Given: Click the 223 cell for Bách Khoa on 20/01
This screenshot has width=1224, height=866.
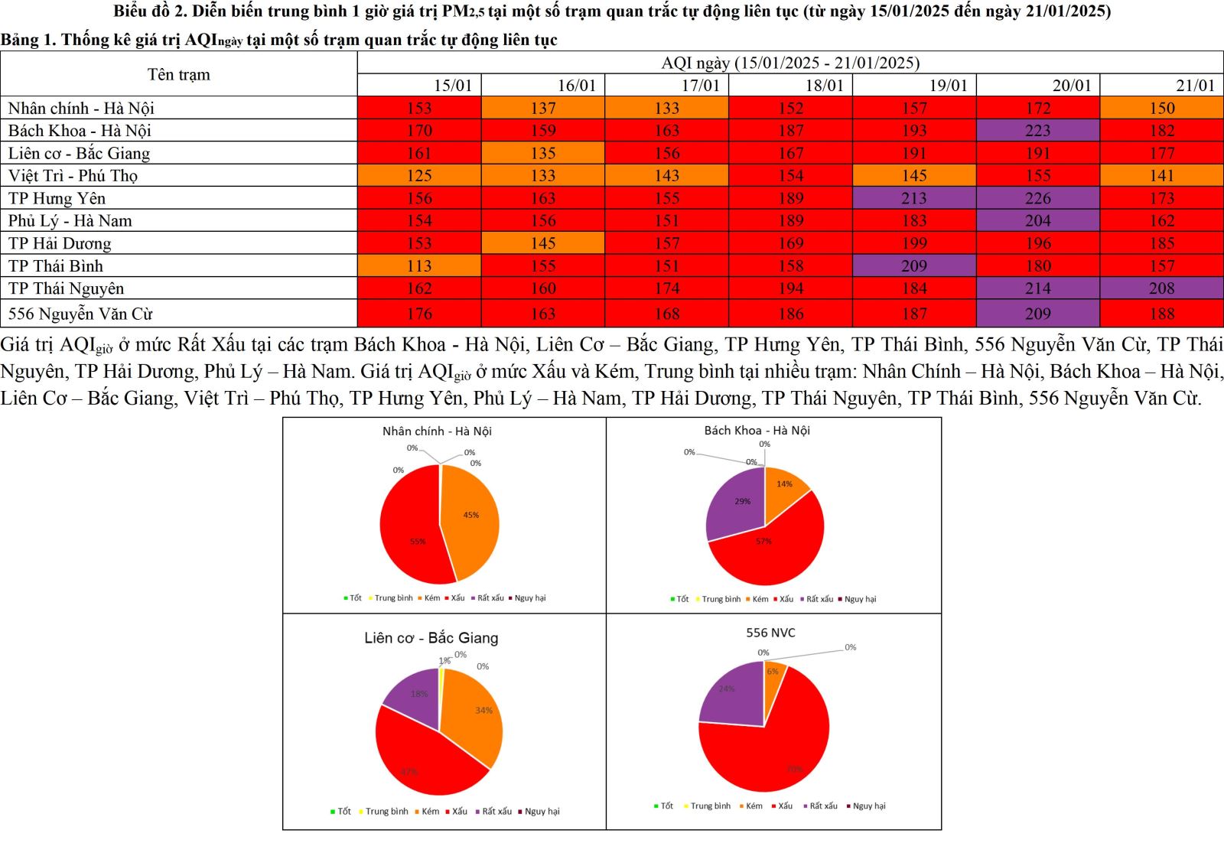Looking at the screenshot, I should click(x=1037, y=130).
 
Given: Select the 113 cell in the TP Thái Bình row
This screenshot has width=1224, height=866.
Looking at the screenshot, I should click(x=419, y=265).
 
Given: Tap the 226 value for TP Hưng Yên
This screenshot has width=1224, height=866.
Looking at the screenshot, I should click(x=1037, y=198).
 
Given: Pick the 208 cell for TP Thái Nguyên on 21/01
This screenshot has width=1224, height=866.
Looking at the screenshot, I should click(x=1161, y=288).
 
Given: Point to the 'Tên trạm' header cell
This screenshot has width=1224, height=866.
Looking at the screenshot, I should click(x=178, y=74).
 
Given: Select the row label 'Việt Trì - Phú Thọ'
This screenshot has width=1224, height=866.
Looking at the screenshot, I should click(x=73, y=175).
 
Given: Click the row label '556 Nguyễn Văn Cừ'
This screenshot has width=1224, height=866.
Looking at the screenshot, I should click(x=80, y=314).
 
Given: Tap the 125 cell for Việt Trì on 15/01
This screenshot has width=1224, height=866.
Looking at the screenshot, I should click(x=419, y=175).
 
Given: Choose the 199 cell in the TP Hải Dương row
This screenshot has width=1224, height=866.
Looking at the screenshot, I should click(x=914, y=243).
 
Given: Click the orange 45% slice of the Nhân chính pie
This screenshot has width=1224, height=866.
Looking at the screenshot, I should click(x=470, y=516).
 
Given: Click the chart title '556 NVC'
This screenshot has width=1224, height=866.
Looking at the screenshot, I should click(x=770, y=633).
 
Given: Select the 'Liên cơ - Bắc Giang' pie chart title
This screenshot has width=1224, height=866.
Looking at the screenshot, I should click(x=431, y=638).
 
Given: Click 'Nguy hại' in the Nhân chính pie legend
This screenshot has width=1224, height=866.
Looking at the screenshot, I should click(x=530, y=598).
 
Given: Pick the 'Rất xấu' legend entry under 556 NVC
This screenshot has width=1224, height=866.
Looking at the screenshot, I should click(x=823, y=806).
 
